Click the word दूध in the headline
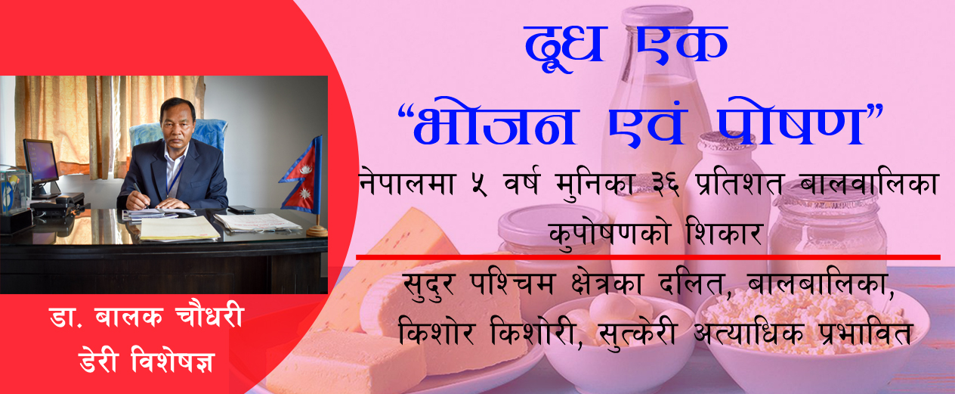(564, 47)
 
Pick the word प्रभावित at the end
(866, 332)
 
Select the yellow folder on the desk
(179, 229)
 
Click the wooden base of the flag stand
(317, 231)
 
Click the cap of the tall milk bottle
(657, 14)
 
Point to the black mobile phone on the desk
(241, 209)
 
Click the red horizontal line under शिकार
(648, 257)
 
